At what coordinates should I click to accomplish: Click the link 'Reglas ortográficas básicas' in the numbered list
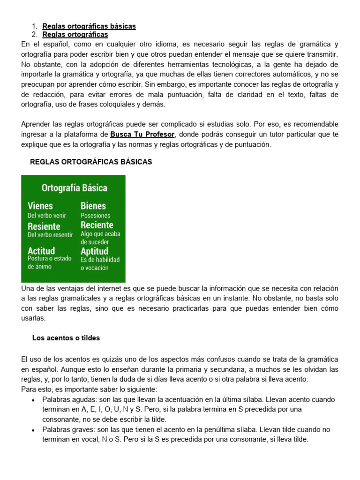(89, 26)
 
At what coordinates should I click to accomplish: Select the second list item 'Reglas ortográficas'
(75, 35)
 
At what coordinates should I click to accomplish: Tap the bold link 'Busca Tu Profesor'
(142, 135)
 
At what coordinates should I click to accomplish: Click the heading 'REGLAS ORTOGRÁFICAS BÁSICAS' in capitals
(91, 162)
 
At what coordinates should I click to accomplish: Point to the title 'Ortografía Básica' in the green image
(74, 188)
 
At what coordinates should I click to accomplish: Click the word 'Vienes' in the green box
(40, 206)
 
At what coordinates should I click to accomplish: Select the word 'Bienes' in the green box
(93, 206)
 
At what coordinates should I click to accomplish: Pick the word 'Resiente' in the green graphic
(44, 226)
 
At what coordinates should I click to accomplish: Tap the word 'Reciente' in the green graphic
(97, 225)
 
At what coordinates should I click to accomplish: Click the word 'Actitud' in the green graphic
(41, 250)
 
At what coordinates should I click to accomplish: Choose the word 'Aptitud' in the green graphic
(95, 251)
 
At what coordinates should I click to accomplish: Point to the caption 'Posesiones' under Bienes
(96, 216)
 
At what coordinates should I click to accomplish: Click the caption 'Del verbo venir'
(47, 216)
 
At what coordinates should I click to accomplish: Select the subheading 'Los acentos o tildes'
(66, 337)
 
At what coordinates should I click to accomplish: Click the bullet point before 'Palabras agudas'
(32, 400)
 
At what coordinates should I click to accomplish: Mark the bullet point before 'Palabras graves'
(32, 429)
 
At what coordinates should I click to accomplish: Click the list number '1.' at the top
(34, 26)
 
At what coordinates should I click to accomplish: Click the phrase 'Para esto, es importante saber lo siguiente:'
(89, 389)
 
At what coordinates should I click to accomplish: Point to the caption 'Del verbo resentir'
(50, 235)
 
